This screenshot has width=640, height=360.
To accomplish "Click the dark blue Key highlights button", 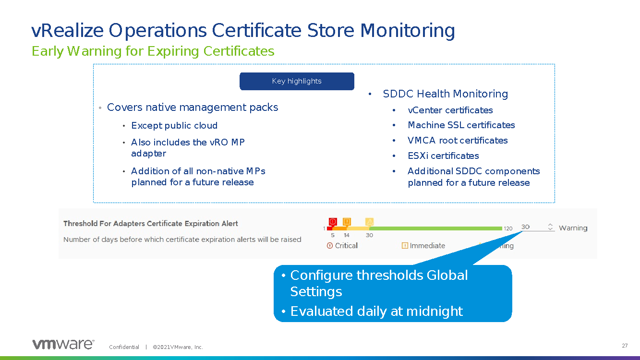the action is click(297, 81).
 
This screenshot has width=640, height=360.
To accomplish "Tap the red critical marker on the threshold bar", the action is click(333, 222).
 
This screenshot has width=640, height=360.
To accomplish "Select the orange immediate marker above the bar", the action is click(347, 222).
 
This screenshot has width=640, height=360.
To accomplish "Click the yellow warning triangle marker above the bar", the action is click(369, 222).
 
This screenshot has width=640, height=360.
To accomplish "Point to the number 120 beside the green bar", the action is click(508, 228).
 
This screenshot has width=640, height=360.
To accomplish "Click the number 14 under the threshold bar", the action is click(347, 235).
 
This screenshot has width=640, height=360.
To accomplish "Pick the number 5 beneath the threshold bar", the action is click(333, 235).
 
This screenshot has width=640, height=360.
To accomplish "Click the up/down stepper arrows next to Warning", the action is click(550, 227).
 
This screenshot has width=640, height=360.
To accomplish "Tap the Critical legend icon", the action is click(330, 246).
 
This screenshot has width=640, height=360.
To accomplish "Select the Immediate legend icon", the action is click(405, 246).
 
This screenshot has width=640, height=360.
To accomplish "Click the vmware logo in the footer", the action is click(63, 344).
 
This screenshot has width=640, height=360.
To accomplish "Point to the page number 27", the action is click(625, 346).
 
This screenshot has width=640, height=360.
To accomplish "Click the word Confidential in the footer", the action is click(124, 347).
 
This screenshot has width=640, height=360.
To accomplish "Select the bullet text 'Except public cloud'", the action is click(174, 125).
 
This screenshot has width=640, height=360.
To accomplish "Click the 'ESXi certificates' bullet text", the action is click(444, 156).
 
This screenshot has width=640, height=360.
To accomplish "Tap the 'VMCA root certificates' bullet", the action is click(458, 140).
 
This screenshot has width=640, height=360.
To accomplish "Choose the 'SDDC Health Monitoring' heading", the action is click(446, 94).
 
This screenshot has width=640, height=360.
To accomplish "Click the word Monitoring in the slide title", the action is click(408, 31).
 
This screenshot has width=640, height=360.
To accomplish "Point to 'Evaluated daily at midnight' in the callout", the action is click(376, 311).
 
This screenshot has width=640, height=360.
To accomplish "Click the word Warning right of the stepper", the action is click(573, 228).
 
